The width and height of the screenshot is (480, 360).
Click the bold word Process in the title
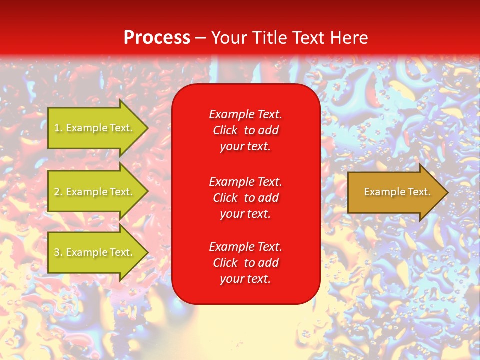tap(157, 38)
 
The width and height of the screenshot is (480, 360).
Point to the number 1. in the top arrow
tap(59, 128)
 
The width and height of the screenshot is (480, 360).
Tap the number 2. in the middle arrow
tap(59, 192)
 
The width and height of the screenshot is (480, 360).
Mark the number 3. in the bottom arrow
tap(59, 252)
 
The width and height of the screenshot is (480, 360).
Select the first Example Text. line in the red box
tap(245, 114)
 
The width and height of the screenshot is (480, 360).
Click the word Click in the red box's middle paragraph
tap(225, 198)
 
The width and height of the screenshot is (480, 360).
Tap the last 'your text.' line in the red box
tap(245, 279)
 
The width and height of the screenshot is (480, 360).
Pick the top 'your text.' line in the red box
tap(245, 146)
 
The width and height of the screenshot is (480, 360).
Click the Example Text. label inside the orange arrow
tap(397, 192)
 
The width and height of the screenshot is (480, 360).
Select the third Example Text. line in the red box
tap(245, 247)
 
